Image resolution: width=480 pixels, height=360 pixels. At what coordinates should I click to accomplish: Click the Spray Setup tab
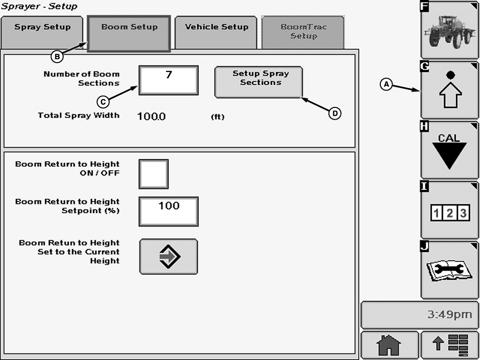[x=43, y=32]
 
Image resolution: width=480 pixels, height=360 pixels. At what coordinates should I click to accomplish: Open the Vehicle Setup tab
[x=216, y=32]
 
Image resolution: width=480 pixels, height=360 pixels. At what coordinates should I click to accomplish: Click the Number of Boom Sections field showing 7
[x=168, y=80]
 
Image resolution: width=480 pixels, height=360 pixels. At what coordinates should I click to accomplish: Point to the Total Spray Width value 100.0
[x=152, y=116]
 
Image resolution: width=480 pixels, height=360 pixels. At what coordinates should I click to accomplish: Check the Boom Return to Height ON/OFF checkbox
[x=153, y=174]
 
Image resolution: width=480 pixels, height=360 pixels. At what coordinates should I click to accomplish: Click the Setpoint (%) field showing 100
[x=168, y=211]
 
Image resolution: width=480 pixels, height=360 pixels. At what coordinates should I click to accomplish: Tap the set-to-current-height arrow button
[x=168, y=256]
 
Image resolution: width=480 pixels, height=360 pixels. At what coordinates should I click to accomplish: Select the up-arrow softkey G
[x=449, y=90]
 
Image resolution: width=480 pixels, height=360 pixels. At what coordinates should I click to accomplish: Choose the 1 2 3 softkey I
[x=449, y=210]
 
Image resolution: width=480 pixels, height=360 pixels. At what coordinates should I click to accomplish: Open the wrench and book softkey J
[x=449, y=270]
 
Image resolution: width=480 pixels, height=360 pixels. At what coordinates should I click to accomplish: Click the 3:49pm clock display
[x=419, y=315]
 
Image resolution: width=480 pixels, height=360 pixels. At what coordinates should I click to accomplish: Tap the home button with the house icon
[x=389, y=345]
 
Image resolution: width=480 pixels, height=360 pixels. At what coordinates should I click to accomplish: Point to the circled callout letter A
[x=386, y=84]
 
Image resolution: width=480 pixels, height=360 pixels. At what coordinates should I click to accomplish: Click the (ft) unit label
[x=218, y=117]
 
